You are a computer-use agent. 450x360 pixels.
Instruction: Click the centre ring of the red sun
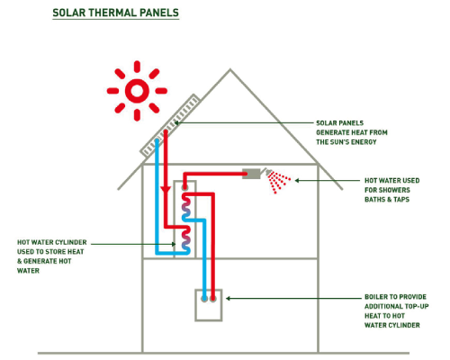click(137, 91)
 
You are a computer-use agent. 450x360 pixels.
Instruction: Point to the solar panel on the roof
click(170, 126)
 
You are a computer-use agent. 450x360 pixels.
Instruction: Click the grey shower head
click(251, 174)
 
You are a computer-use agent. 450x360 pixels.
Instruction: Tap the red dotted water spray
click(278, 182)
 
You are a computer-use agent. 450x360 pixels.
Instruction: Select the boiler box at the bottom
click(209, 305)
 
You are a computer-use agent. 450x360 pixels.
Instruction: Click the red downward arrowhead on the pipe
click(166, 190)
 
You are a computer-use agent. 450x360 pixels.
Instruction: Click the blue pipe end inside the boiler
click(204, 299)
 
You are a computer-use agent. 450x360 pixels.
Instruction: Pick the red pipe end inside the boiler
click(213, 299)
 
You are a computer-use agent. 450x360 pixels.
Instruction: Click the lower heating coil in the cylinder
click(186, 239)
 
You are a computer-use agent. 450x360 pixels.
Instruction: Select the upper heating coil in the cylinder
click(186, 206)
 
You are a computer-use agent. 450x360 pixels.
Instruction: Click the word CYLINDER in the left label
click(72, 242)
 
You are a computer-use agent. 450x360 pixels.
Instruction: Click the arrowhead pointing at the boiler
click(228, 298)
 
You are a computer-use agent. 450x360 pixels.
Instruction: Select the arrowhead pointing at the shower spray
click(297, 180)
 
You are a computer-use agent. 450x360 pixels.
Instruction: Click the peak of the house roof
click(230, 69)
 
